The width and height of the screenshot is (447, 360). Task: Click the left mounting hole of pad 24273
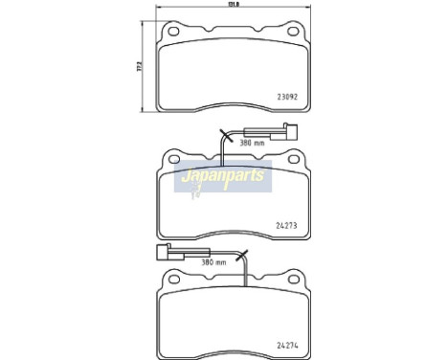pos(175,156)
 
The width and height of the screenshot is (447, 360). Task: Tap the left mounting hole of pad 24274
pos(175,279)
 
